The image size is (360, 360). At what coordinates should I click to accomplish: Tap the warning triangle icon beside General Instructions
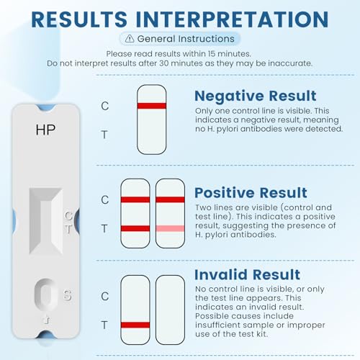[x=129, y=39]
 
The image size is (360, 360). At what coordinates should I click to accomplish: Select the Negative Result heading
[x=255, y=96]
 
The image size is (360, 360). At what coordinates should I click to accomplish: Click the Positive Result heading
[x=251, y=193]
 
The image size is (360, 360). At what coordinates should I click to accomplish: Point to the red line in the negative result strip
[x=151, y=106]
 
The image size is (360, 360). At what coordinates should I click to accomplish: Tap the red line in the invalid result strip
[x=135, y=325]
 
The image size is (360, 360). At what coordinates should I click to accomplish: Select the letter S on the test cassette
[x=67, y=294]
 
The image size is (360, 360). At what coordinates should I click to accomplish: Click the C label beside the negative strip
[x=105, y=106]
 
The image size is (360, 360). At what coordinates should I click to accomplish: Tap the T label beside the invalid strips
[x=105, y=325]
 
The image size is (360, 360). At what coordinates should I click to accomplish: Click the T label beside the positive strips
[x=105, y=228]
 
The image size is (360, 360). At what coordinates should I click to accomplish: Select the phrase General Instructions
[x=185, y=39]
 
